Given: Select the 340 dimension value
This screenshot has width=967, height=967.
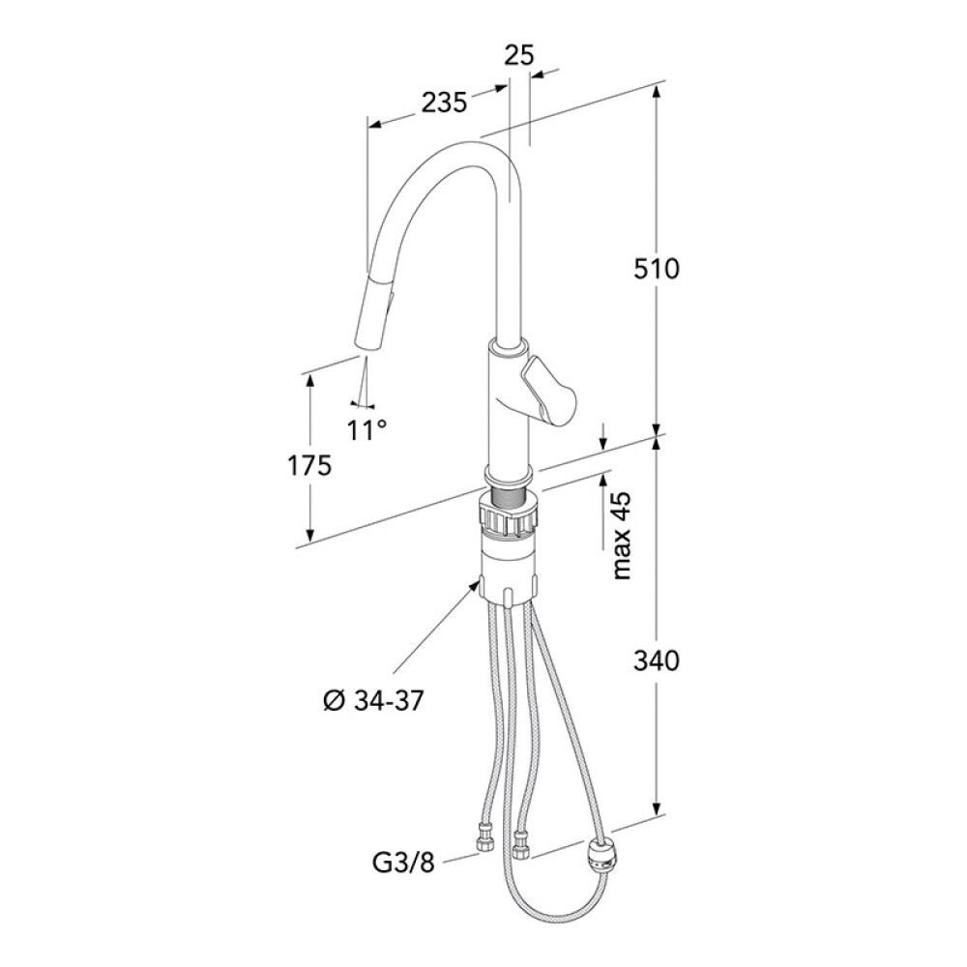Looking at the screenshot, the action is point(657,660).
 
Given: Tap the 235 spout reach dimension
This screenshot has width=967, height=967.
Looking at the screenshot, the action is point(444,103).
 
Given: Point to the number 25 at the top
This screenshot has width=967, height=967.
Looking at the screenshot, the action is point(518,55).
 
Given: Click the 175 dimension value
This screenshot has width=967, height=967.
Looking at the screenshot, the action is point(309,466).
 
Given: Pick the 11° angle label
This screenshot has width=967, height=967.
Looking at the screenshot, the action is point(366,430).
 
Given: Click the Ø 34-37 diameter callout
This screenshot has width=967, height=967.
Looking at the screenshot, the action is point(373,701).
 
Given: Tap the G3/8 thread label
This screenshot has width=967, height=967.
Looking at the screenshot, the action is point(403,863).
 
